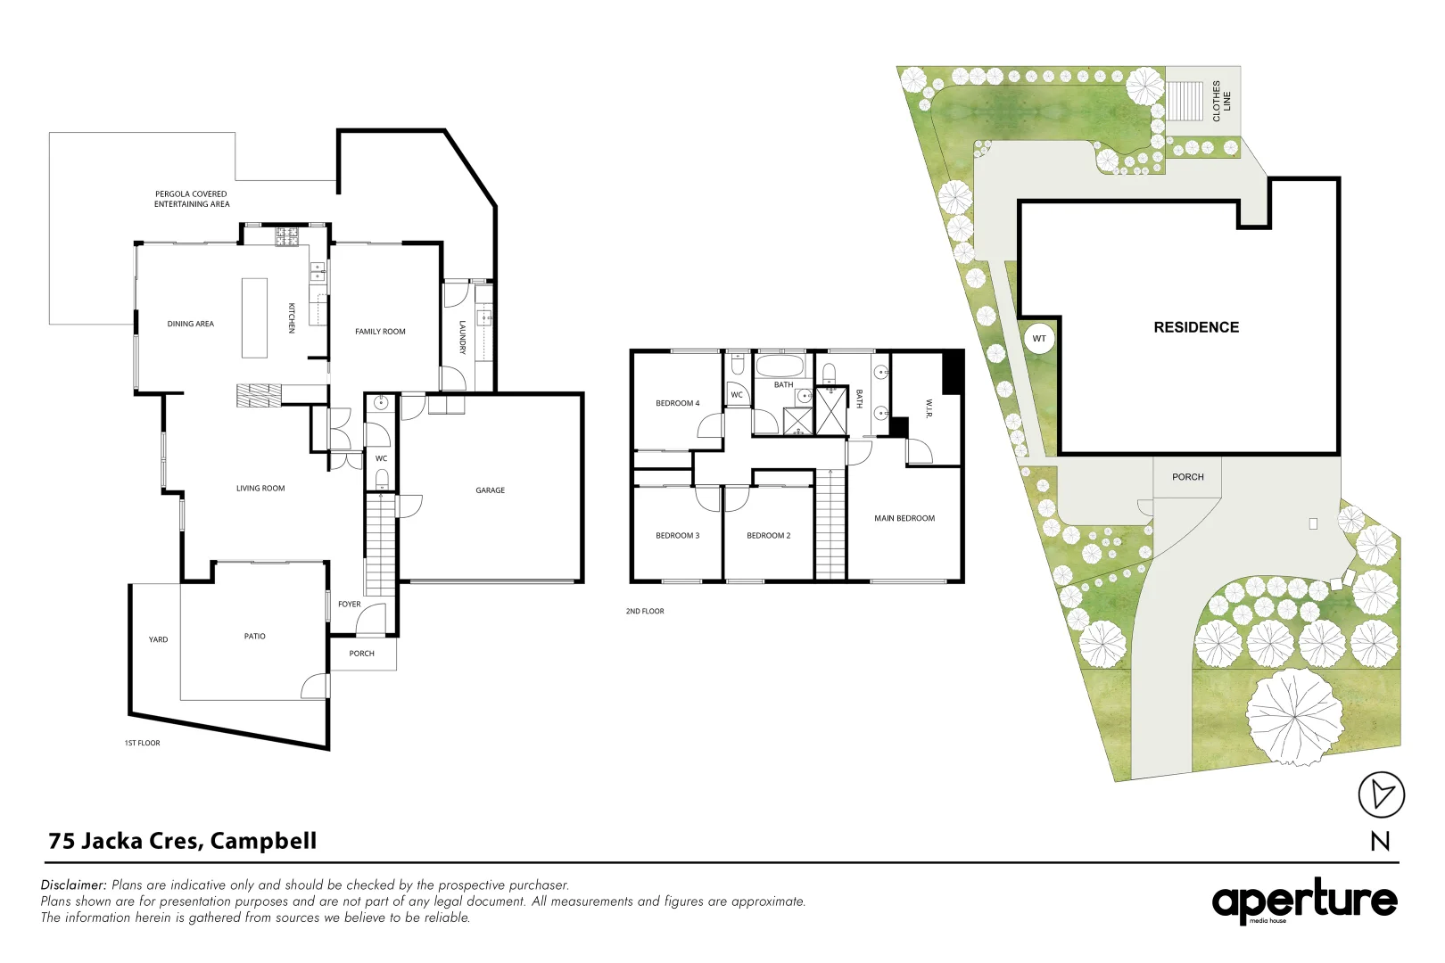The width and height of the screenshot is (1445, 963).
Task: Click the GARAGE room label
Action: pos(491,490)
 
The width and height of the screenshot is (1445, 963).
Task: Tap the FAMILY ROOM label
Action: pos(380,332)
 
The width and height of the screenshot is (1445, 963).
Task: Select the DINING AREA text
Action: pos(190,324)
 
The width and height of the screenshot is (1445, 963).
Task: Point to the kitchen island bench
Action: pos(254,318)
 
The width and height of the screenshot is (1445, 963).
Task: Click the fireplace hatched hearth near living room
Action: pos(259,395)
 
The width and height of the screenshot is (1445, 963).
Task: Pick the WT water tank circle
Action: pos(1039,339)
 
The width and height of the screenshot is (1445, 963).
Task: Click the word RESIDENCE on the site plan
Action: pos(1196,327)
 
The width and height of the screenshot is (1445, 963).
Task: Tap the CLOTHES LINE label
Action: pos(1221,102)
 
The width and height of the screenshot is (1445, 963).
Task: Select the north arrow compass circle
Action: pos(1381,794)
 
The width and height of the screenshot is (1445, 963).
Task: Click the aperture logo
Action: pos(1304,901)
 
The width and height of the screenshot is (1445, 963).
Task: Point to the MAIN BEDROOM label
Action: pos(904,518)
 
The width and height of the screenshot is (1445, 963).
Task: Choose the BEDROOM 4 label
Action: pos(677,403)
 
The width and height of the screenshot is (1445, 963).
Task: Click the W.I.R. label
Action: pos(929,407)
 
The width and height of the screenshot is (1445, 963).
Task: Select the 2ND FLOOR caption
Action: pos(644,611)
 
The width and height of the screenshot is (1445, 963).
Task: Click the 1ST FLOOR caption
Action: pos(142,743)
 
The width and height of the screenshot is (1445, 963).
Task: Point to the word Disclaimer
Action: pos(73,885)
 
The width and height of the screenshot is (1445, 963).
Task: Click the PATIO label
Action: pos(255,636)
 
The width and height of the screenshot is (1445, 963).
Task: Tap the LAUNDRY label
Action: pos(463,337)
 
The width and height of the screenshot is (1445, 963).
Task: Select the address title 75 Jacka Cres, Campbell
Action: pos(183,841)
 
